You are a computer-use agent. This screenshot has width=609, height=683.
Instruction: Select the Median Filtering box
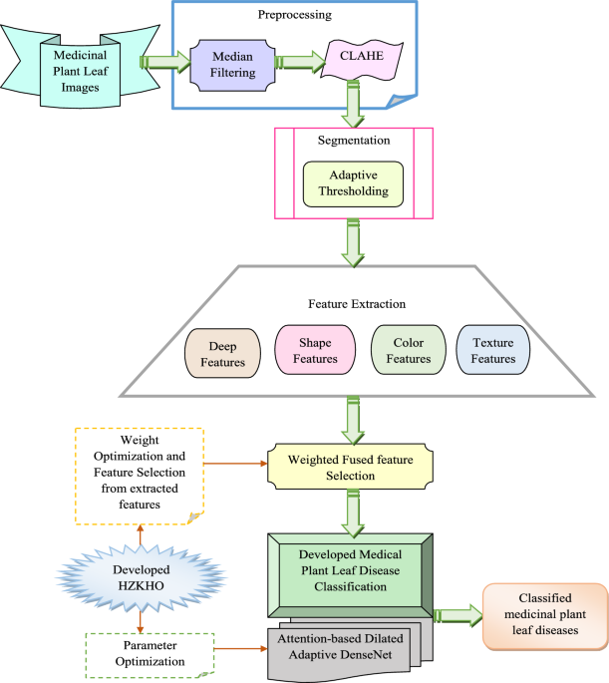(x=235, y=66)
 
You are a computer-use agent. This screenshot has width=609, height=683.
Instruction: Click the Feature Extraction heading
(x=356, y=302)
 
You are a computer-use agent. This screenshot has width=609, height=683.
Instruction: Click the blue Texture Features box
(x=494, y=352)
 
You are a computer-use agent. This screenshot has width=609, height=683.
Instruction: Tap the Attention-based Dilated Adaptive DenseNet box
(x=345, y=651)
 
